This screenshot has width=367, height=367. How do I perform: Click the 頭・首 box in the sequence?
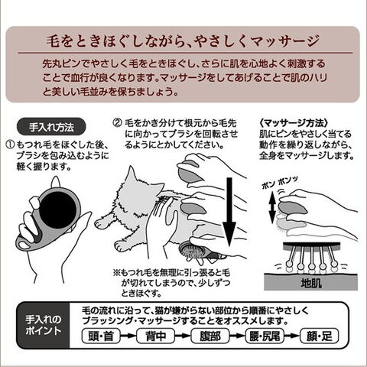(101, 336)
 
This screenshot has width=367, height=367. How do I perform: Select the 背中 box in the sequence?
(155, 336)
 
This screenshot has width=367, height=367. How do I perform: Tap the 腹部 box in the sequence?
(210, 336)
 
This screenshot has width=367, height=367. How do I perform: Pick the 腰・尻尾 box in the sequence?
(265, 336)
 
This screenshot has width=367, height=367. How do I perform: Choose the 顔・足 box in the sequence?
(320, 336)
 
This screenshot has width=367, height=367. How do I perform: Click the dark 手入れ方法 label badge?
(51, 127)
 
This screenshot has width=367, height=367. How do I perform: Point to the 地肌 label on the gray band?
(311, 283)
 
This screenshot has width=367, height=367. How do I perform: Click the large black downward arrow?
(229, 212)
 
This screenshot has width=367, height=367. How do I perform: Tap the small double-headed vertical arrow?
(272, 207)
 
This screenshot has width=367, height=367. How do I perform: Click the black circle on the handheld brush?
(58, 209)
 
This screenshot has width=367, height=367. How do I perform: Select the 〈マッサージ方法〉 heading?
(293, 123)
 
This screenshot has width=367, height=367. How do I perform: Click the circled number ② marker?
(118, 123)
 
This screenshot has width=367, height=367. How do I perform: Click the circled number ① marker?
(11, 145)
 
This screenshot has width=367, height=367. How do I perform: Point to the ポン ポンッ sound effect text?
(280, 183)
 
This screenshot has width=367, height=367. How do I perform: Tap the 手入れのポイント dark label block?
(44, 326)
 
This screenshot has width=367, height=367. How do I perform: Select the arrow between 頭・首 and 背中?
(128, 336)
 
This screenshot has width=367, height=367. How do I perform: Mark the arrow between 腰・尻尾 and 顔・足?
(292, 336)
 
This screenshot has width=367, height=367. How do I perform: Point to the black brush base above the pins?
(311, 245)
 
